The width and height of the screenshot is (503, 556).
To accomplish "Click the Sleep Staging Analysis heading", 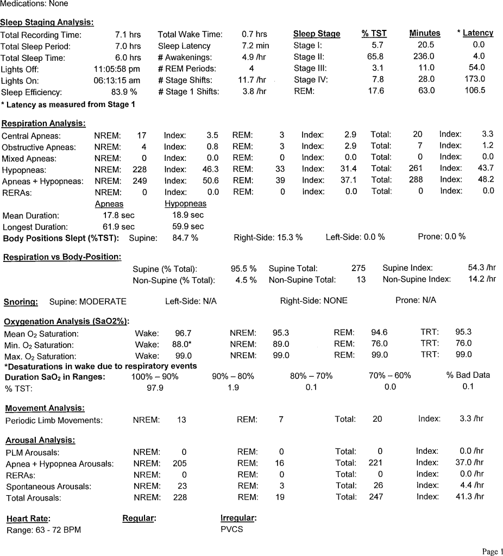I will coord(47,22).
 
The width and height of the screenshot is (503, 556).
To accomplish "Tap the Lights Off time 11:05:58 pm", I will coord(117,69).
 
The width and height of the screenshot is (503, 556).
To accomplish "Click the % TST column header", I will coord(374,34).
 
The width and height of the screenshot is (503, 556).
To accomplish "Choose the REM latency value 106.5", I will coord(475,91).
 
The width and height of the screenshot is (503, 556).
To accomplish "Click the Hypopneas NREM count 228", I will coord(140,170).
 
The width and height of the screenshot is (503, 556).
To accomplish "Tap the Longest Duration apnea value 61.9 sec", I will coord(118,227).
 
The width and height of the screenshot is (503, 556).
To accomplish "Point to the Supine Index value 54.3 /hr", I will coord(482,268).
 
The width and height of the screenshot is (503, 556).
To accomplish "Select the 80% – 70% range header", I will coord(311,376).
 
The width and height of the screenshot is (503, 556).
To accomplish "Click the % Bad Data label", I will coord(468,375).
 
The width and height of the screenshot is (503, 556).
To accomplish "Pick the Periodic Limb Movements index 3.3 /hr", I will coord(471,419).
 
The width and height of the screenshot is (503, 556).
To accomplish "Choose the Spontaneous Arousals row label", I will coord(48,486).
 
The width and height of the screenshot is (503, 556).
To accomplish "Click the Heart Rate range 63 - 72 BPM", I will coord(43,530).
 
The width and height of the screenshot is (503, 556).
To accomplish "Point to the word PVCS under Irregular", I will coord(231,529).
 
